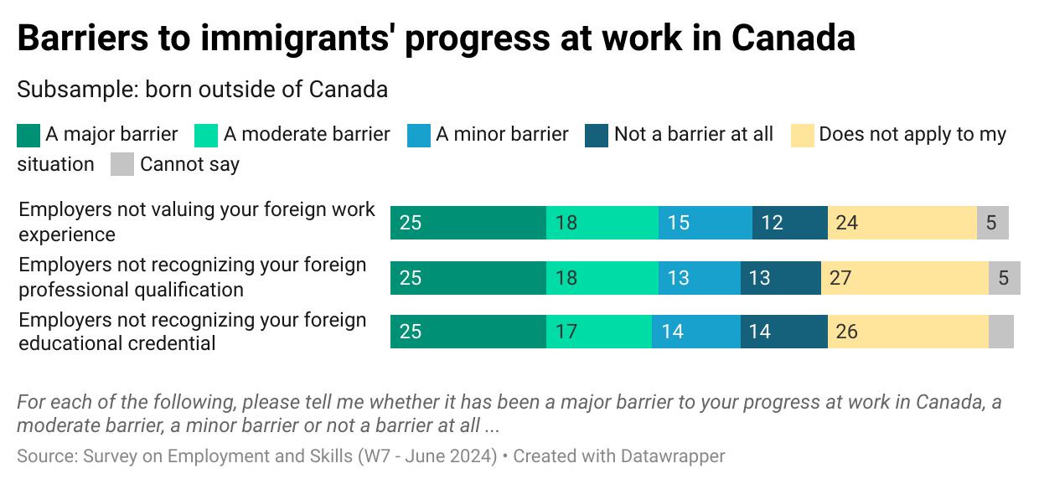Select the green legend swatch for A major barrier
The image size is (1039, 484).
pos(28,135)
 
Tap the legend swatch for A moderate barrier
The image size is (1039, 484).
pos(206,135)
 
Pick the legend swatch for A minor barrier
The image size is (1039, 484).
pos(419,135)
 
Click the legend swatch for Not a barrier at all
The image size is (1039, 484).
pos(597,135)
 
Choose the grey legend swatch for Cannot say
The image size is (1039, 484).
pos(122,164)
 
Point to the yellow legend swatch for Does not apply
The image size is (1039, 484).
pos(803,135)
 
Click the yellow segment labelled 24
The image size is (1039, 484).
pos(902,223)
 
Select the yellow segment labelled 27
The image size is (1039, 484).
pos(905,278)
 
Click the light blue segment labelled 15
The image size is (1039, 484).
pos(706,223)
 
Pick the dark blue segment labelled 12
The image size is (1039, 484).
pos(790,223)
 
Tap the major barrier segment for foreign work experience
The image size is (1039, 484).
pos(468,223)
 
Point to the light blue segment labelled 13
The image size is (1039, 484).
pos(700,278)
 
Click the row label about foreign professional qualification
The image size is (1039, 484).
pos(193,277)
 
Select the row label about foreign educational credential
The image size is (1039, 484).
pos(193,332)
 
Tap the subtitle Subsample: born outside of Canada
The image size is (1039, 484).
pos(202,90)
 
